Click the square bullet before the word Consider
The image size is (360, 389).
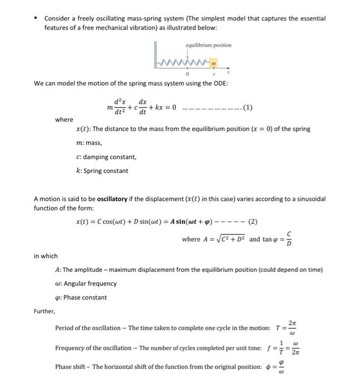point(36,18)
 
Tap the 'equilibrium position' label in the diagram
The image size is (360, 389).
point(208,45)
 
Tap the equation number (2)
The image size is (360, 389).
point(253,221)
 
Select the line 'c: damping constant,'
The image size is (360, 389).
point(106,157)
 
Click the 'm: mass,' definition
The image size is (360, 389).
point(88,143)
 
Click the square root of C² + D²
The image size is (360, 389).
point(229,240)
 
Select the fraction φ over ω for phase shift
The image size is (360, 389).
point(288,367)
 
